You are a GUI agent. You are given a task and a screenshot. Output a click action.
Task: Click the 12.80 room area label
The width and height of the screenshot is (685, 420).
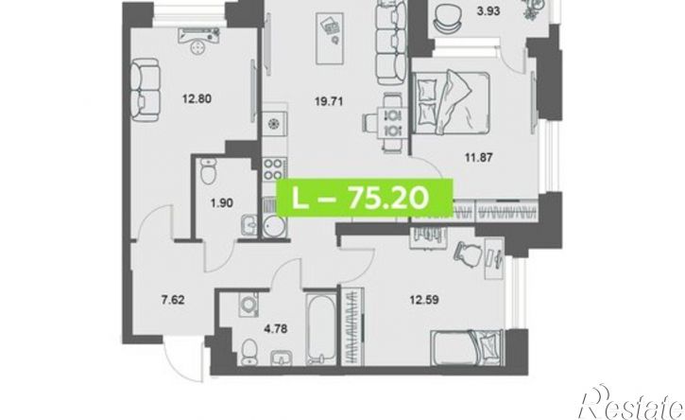coord(197,99)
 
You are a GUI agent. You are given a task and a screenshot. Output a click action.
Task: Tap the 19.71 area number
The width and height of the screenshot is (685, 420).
coord(329,102)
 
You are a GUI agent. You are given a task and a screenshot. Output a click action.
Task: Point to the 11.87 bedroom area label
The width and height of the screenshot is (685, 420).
coord(479,157)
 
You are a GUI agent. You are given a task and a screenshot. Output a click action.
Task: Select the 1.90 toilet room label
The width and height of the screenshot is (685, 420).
coord(221,203)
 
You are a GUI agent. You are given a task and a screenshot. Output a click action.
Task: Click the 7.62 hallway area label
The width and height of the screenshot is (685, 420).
coord(173,300)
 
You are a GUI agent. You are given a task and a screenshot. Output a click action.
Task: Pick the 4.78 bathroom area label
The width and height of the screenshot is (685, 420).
coord(276,328)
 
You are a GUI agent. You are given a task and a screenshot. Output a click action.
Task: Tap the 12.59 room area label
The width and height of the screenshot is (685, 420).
coord(424,300)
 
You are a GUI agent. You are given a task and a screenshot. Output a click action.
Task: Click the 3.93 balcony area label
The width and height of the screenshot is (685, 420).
coord(488,11)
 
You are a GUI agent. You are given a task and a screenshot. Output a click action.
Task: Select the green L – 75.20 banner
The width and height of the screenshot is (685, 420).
coord(365,199)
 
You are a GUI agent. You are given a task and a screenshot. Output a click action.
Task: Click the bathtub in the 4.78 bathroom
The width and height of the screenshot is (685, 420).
coord(321,328)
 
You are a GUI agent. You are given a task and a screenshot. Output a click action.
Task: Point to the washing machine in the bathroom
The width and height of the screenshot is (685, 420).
coord(248,304)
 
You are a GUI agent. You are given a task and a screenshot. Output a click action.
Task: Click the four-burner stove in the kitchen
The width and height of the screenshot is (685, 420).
coord(274,169)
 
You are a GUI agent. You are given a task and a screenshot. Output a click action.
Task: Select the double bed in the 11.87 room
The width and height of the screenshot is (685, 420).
coord(451,103)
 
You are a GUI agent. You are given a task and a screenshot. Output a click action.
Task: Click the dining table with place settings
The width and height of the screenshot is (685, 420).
coord(392,123)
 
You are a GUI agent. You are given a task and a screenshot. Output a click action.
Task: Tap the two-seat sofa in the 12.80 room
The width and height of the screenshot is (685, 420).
coord(146,90)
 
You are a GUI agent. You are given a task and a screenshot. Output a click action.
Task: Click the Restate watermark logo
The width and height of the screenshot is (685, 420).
coord(631,403)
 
